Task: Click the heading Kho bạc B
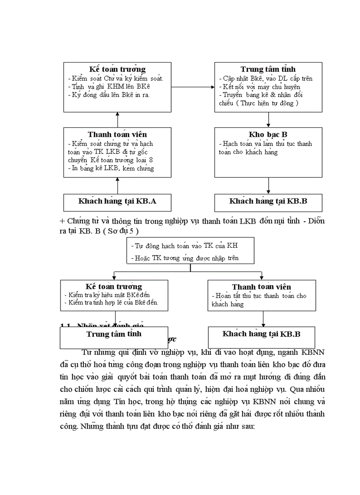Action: pos(268,134)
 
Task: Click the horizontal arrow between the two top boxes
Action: pos(193,87)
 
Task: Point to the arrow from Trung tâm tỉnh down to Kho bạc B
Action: pos(268,119)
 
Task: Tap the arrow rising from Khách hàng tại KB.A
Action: pos(117,186)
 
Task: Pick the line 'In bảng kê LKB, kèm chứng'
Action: pos(110,168)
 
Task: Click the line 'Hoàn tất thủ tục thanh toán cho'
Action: pos(259,296)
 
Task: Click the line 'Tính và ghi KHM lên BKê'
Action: pos(105,87)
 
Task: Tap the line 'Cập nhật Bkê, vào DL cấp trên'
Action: pos(266,78)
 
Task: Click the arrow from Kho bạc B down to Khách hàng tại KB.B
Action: pos(268,186)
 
